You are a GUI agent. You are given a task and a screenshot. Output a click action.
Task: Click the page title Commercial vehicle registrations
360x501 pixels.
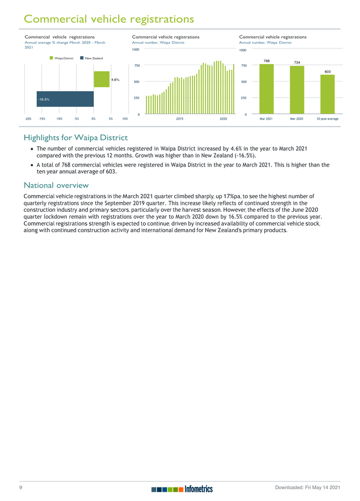(x=109, y=19)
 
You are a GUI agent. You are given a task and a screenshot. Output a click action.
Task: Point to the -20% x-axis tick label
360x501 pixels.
(x=28, y=118)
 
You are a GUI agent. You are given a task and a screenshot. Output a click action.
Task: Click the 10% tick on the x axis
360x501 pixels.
(x=125, y=118)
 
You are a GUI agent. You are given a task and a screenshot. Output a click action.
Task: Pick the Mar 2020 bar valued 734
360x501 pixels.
(x=297, y=91)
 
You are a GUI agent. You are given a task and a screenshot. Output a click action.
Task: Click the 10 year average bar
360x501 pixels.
(x=327, y=95)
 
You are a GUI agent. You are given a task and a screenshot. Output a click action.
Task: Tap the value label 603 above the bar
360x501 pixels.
(x=327, y=71)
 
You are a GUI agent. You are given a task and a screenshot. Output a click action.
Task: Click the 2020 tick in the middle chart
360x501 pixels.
(x=223, y=118)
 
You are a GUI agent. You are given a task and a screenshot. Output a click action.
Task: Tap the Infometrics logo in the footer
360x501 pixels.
(x=183, y=489)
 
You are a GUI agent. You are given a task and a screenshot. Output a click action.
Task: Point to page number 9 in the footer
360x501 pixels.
(x=20, y=488)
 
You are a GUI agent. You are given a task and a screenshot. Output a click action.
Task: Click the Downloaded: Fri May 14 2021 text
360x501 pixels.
(x=308, y=488)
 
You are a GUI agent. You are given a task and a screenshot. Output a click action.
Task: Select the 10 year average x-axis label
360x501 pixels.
(x=327, y=118)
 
